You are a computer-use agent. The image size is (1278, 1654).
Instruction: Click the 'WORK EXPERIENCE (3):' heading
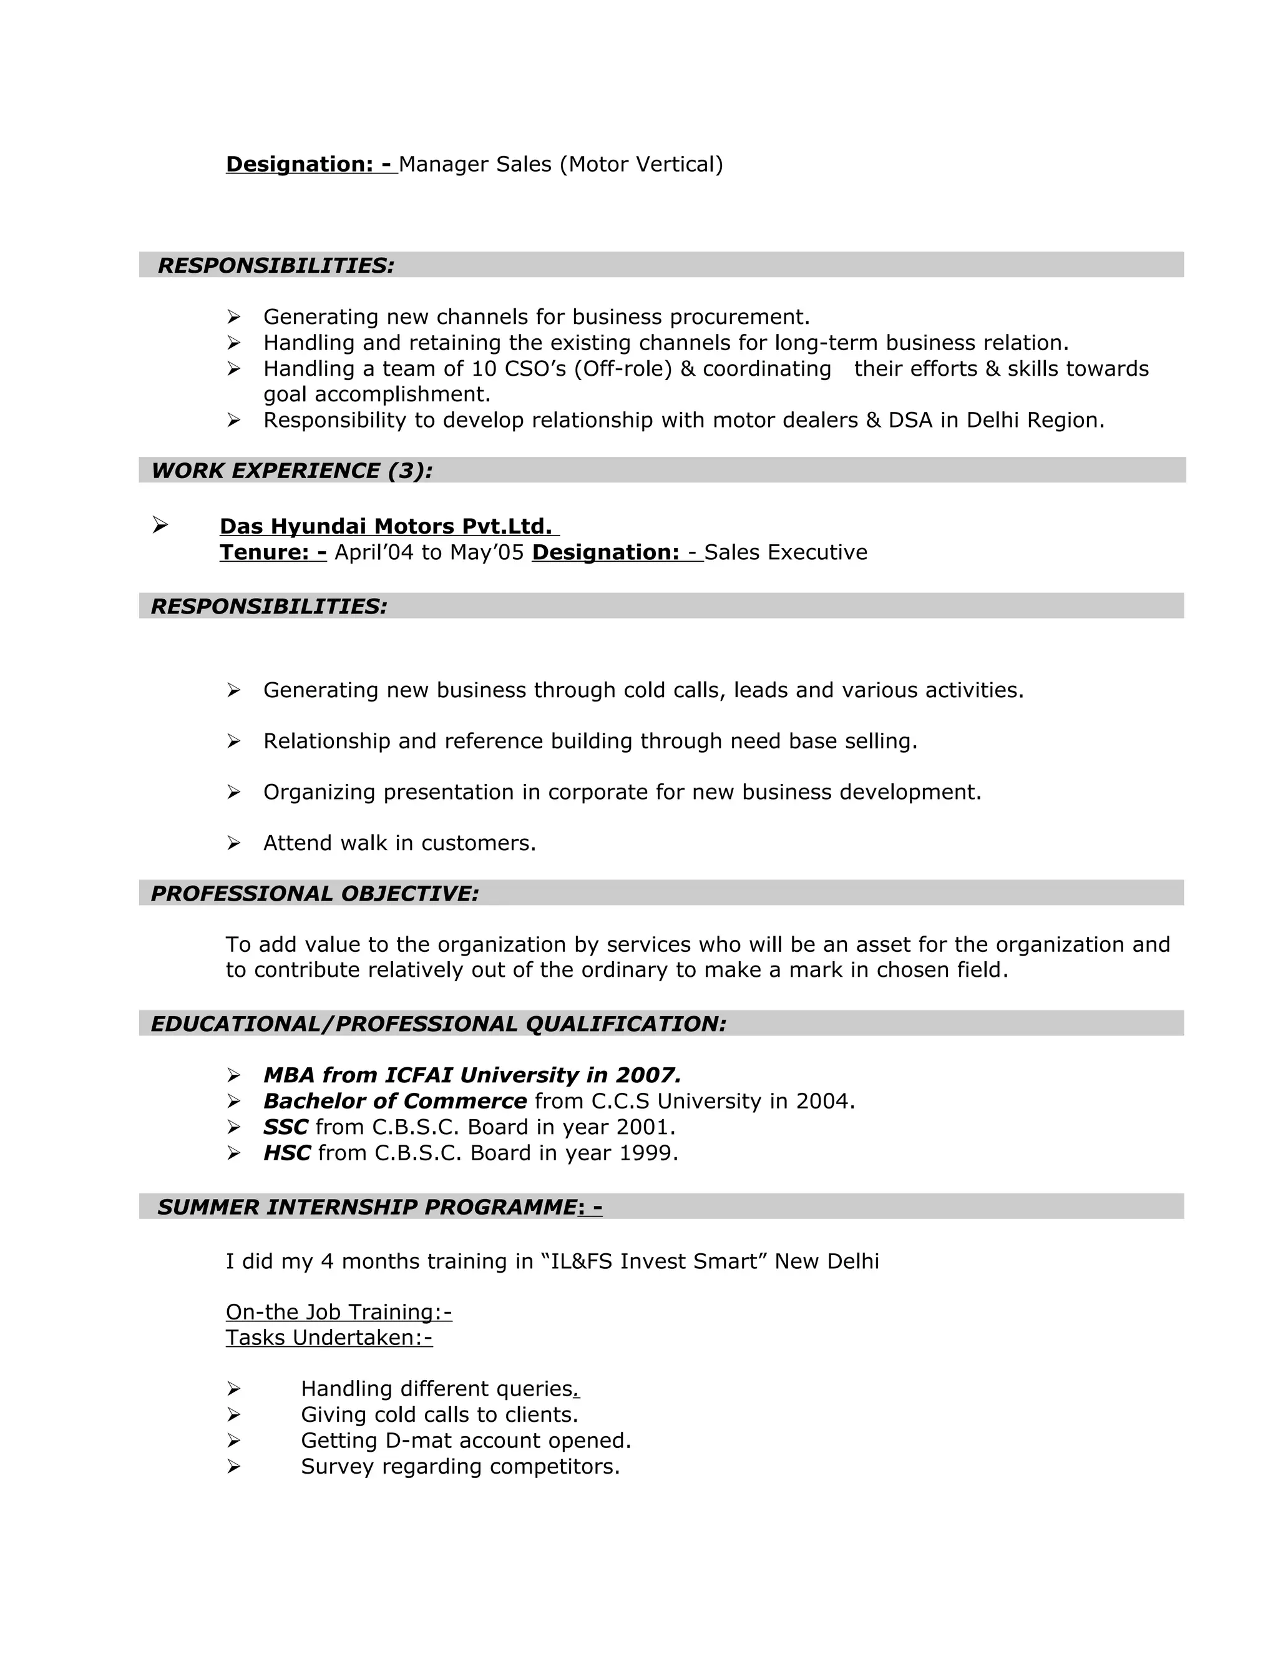291,471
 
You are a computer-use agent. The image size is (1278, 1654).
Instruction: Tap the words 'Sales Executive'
785,552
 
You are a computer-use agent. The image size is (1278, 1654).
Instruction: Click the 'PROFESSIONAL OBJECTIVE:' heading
315,894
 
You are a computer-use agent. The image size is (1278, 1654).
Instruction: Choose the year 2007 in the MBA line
646,1075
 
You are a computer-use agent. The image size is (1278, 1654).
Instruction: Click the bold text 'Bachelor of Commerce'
394,1101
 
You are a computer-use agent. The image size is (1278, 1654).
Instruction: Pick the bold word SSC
285,1127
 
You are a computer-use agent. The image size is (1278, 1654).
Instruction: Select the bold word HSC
286,1153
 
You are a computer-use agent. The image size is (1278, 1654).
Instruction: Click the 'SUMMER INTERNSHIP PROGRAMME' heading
367,1207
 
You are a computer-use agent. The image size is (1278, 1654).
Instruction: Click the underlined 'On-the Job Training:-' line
338,1312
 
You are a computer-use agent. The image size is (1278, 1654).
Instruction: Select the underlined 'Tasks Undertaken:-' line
329,1338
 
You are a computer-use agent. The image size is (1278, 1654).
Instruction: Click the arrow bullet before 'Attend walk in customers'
233,843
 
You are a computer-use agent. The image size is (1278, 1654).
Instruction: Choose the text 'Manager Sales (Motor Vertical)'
560,164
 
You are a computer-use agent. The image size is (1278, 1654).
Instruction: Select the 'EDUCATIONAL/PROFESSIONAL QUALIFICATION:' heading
438,1024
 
